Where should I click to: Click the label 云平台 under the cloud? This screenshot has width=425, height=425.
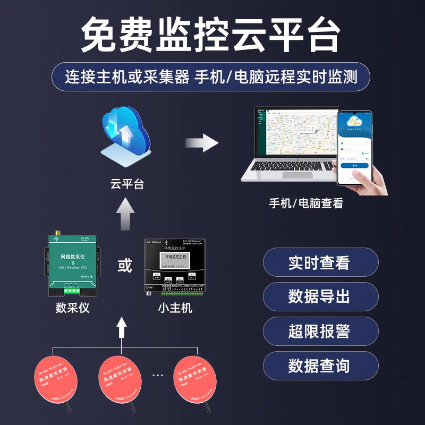pos(127,185)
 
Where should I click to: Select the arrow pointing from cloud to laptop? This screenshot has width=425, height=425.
pos(202,143)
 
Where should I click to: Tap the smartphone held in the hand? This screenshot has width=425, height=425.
pos(354,148)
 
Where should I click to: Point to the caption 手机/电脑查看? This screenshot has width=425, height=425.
pos(306,203)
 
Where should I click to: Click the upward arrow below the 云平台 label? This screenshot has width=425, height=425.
pos(126,214)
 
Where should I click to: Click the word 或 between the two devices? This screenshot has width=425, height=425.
pos(125,266)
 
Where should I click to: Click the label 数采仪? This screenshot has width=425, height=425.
pos(72,308)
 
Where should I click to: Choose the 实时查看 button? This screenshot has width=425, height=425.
pos(320,262)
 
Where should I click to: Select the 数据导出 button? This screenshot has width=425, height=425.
pos(320,297)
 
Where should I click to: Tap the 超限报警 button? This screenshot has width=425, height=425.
pos(320,331)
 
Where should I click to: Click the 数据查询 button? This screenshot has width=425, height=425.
pos(320,366)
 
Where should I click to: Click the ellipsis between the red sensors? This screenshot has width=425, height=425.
pos(158,375)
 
